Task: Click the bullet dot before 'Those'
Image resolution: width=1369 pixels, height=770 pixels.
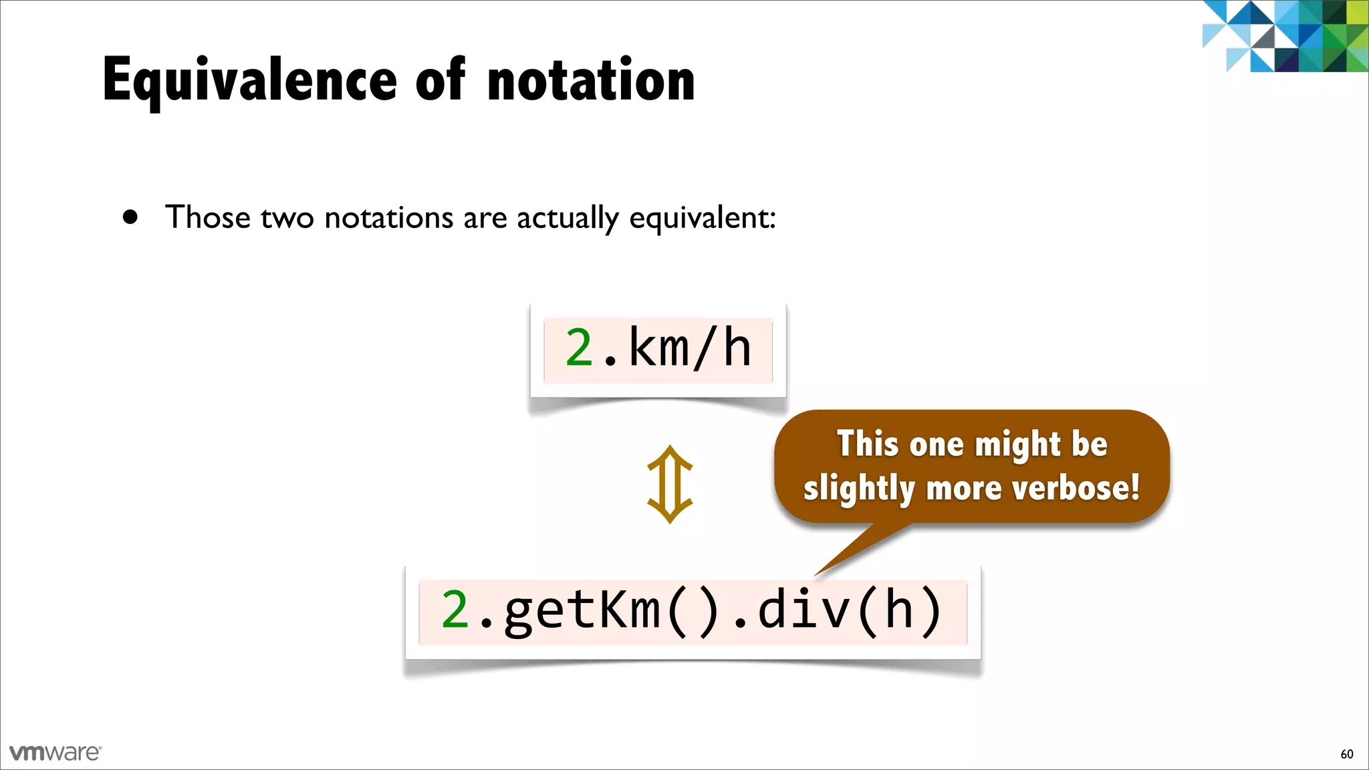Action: click(x=130, y=217)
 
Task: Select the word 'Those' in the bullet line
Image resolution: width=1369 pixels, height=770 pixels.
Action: click(x=207, y=217)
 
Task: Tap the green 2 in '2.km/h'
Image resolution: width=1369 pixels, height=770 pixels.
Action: click(x=579, y=348)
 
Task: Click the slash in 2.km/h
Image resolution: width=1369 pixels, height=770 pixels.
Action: click(x=706, y=348)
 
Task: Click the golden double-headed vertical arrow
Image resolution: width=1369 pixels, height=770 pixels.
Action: click(x=670, y=485)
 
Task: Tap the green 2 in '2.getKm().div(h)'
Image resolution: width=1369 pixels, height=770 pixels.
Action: click(x=455, y=610)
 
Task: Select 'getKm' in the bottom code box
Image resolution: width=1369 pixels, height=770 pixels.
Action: click(x=582, y=610)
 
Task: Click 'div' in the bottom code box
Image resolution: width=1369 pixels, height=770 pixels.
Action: click(x=802, y=610)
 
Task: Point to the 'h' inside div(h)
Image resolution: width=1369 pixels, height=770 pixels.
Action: click(x=898, y=610)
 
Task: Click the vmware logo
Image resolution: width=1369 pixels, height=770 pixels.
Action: click(x=55, y=753)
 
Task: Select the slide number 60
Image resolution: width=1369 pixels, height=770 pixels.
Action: click(x=1346, y=754)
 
